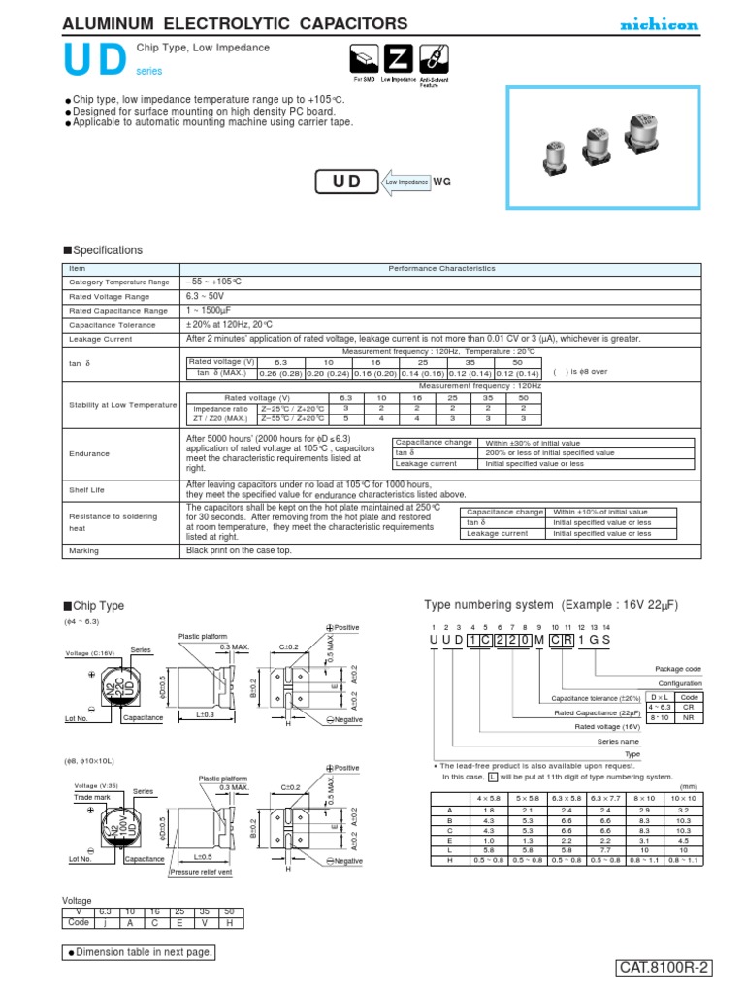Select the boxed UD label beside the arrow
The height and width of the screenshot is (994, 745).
353,182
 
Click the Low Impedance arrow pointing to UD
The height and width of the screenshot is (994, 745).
405,182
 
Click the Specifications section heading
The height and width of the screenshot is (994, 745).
102,250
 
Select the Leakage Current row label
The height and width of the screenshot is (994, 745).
100,339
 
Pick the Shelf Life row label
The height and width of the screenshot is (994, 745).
87,490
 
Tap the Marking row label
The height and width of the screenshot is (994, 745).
84,550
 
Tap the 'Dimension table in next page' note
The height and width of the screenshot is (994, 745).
141,952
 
